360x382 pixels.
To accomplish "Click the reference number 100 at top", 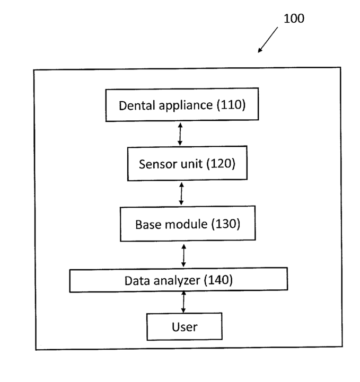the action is pos(294,19).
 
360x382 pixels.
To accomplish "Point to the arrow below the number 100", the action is pos(268,40).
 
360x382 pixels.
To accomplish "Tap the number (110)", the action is pos(231,105).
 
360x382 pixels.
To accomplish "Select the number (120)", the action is pos(221,164).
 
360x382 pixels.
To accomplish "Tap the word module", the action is pos(186,224).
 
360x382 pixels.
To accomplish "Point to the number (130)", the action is pos(226,224).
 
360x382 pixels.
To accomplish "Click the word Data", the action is pos(137,281).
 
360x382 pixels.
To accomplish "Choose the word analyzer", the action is pos(177,281).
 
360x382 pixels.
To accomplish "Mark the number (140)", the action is pos(218,280).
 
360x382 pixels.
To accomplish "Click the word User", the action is pos(185,327).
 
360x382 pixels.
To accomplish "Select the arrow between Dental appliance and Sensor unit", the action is pos(180,134).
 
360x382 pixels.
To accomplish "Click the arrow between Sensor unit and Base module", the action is pos(181,194).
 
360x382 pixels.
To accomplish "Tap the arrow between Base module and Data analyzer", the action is pos(184,255).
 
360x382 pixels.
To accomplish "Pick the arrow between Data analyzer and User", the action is pos(183,302).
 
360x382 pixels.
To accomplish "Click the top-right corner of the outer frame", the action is pos(341,67).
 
